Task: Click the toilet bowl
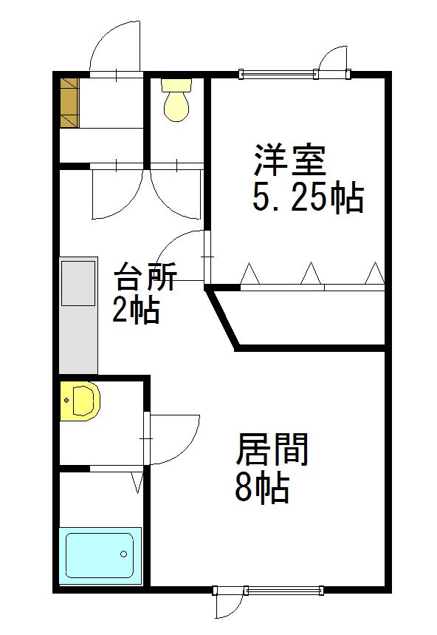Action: coord(176,106)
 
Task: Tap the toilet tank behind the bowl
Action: coord(176,85)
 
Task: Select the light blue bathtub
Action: coord(100,556)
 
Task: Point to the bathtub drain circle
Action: coord(124,554)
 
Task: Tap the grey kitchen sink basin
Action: coord(78,283)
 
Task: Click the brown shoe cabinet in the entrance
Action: coord(69,103)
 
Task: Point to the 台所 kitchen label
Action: coord(145,276)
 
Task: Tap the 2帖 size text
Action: coord(135,310)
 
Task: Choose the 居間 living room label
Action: coord(272,449)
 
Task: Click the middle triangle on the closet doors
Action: coord(312,273)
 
